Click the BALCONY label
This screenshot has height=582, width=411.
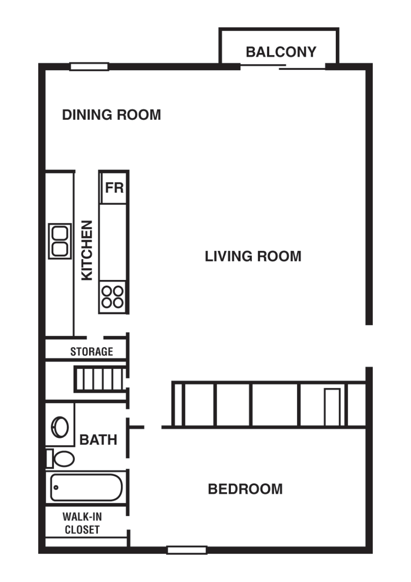(x=281, y=52)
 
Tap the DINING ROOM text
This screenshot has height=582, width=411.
(x=111, y=115)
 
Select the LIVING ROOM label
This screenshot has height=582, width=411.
(x=253, y=257)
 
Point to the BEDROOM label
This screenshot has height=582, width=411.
(x=245, y=489)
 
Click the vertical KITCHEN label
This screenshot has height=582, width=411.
(x=87, y=250)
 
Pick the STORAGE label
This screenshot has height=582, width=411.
(x=91, y=352)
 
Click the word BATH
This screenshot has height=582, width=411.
(x=98, y=440)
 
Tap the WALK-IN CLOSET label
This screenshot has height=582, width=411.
(x=82, y=523)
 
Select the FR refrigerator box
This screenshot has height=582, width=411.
(x=114, y=188)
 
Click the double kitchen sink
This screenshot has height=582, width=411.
(x=60, y=241)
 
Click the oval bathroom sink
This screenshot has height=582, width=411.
(x=60, y=427)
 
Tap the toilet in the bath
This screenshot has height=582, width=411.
(x=61, y=458)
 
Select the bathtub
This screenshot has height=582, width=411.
(x=86, y=488)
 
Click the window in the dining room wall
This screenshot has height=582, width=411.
(x=89, y=66)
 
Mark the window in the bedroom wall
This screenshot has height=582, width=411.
(x=187, y=550)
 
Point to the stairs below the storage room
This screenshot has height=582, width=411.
(x=99, y=379)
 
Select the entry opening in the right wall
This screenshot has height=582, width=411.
(x=369, y=346)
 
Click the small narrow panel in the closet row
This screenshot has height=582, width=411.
(x=332, y=407)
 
